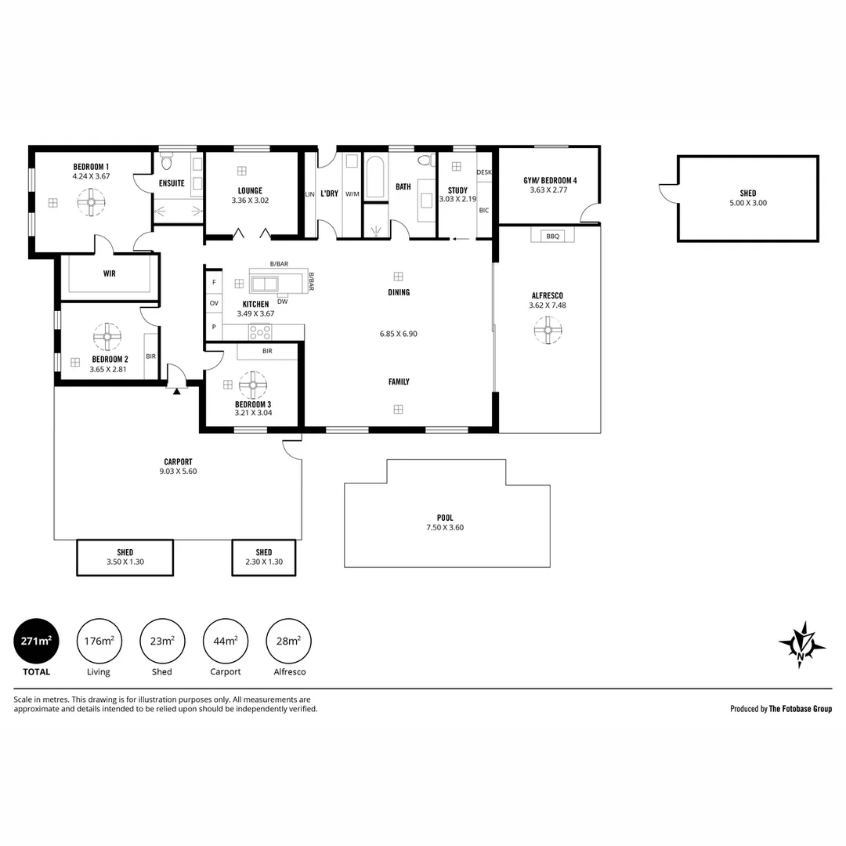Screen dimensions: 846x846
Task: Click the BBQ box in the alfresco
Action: tap(552, 236)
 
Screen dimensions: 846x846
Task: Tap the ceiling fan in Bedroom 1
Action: tap(91, 202)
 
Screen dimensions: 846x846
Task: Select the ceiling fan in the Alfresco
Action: tap(548, 330)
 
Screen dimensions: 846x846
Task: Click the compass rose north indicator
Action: tap(802, 644)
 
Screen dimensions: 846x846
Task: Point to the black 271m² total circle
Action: tap(36, 641)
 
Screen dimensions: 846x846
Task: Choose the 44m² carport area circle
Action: tap(226, 641)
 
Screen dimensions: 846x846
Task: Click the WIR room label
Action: tap(110, 273)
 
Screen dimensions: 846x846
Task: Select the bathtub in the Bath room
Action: tap(375, 176)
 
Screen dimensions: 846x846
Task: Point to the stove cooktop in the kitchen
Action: tap(260, 332)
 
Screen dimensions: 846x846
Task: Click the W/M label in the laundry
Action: tap(352, 194)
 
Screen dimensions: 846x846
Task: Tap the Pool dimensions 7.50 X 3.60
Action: tap(445, 528)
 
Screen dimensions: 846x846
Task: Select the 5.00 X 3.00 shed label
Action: tap(748, 203)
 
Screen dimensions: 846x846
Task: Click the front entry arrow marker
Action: tap(176, 391)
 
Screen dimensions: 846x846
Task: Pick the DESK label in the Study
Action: tap(484, 172)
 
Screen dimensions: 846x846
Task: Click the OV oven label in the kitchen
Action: tap(214, 303)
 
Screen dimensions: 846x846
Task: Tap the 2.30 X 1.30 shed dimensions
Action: tap(264, 562)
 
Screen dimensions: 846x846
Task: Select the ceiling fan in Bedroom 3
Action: tap(252, 385)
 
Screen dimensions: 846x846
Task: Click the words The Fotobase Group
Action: tap(800, 709)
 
